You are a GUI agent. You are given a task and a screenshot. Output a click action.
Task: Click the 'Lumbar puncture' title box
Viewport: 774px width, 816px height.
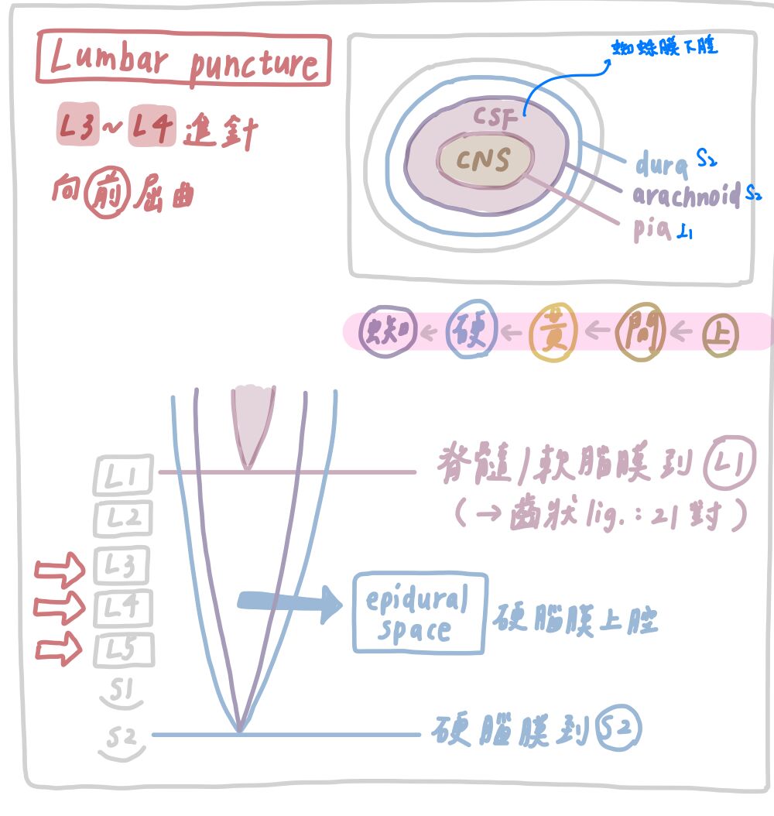(x=183, y=60)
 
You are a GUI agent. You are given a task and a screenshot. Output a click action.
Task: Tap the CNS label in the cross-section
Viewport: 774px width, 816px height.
(x=485, y=160)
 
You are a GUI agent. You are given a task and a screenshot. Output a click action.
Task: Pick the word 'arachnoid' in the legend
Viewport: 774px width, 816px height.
(x=686, y=195)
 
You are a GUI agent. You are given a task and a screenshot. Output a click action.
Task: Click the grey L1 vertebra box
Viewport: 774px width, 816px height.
(x=123, y=475)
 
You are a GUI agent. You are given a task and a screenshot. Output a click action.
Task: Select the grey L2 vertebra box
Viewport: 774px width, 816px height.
(x=123, y=518)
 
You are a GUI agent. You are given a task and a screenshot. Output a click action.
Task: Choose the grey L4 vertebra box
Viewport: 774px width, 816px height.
(x=123, y=608)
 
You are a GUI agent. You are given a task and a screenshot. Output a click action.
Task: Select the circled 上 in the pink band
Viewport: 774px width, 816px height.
(x=720, y=334)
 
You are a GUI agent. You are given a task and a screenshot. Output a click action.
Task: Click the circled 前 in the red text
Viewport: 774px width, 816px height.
(x=104, y=194)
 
